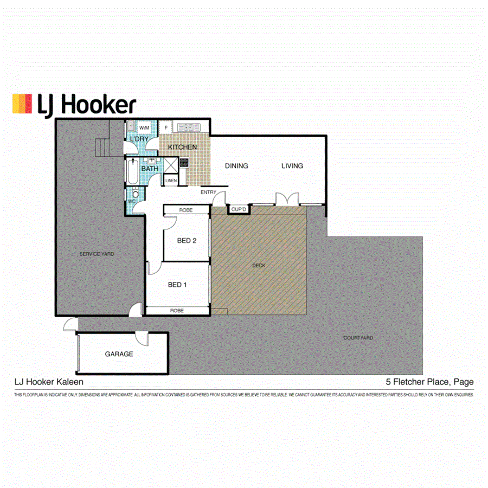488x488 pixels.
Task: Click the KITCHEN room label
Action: (182, 147)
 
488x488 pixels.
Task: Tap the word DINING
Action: (236, 166)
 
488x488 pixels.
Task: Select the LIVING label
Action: (292, 166)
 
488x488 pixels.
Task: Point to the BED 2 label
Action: (187, 241)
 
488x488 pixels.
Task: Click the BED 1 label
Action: (177, 285)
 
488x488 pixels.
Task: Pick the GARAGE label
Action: (119, 354)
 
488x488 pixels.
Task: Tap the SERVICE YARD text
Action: (97, 254)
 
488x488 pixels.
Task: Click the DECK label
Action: (259, 266)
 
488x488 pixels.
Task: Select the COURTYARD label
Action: (358, 338)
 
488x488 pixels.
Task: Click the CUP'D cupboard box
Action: (239, 209)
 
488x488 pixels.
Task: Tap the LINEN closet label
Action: (171, 180)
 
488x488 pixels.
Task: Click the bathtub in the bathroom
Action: (132, 171)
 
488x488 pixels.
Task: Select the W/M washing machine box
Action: (144, 128)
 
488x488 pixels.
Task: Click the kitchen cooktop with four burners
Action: (184, 162)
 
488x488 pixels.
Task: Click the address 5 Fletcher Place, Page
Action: (429, 382)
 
